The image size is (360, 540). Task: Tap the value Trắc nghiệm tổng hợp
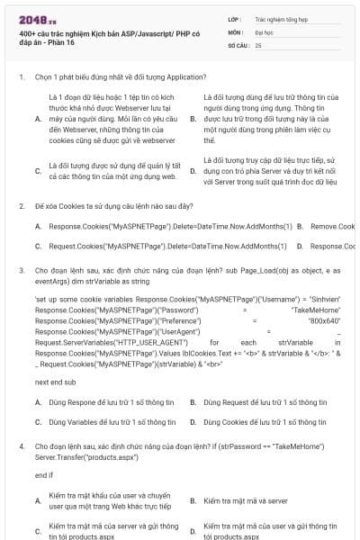coord(280,18)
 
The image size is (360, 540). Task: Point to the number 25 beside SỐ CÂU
coord(259,44)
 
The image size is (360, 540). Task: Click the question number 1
coord(21,76)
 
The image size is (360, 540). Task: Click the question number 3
coord(21,269)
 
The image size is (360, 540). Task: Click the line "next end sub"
coord(56,382)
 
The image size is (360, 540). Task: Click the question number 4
coord(21,445)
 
